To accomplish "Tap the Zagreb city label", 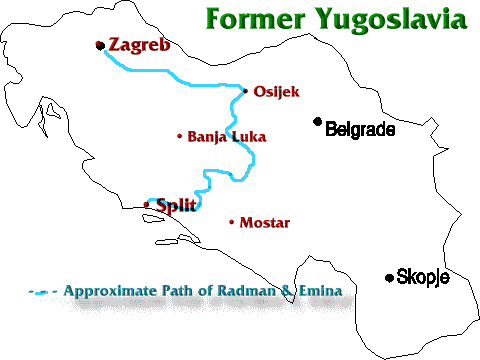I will pyautogui.click(x=139, y=45).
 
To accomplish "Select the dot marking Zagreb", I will pyautogui.click(x=99, y=44).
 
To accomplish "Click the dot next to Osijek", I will pyautogui.click(x=245, y=90).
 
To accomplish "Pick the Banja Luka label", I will pyautogui.click(x=227, y=136).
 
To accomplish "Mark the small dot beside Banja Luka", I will pyautogui.click(x=179, y=136).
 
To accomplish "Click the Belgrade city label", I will pyautogui.click(x=360, y=129).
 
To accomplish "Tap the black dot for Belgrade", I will pyautogui.click(x=318, y=122).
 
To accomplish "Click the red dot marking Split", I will pyautogui.click(x=147, y=205).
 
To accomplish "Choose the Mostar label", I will pyautogui.click(x=265, y=223).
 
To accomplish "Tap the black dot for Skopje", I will pyautogui.click(x=389, y=277).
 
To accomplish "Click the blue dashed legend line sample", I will pyautogui.click(x=42, y=293).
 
